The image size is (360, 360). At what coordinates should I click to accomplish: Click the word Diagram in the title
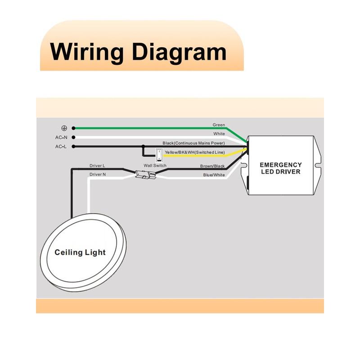pos(179,52)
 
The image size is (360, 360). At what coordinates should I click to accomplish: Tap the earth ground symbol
pos(64,128)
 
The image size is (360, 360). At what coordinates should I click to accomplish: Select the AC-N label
pos(61,137)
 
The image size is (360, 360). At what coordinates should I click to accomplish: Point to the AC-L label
pos(61,147)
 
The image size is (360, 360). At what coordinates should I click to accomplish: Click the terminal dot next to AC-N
pos(73,137)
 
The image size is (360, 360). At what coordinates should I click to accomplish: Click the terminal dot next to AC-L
pos(73,147)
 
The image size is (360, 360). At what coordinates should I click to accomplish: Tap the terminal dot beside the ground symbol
pos(73,128)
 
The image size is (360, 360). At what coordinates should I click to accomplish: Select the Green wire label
pos(219,125)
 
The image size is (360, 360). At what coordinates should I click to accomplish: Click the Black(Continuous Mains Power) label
pos(193,143)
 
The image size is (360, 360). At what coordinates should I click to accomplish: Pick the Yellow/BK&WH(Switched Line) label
pos(195,152)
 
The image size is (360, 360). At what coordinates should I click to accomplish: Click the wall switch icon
pos(159,155)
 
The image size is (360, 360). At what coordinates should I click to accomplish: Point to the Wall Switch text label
pos(155,165)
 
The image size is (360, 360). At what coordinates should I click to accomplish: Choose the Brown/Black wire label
pos(212,166)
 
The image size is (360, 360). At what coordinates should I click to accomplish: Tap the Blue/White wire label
pos(214,175)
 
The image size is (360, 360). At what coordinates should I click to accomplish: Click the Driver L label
pos(97,166)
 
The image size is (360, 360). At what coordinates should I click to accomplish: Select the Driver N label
pos(98,175)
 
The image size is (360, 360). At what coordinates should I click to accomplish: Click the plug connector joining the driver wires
pos(145,175)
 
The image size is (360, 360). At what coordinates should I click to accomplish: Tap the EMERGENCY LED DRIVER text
pos(280,168)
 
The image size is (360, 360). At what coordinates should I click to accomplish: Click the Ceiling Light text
pos(80,252)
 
